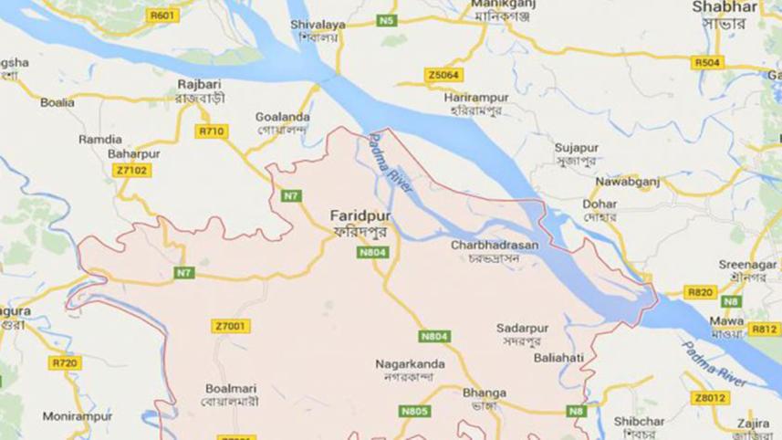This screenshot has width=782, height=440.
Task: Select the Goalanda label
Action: [282, 117]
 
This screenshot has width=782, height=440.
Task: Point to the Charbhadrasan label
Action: [495, 245]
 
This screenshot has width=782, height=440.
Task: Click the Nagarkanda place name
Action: [410, 364]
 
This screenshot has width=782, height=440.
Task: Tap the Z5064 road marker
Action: [443, 75]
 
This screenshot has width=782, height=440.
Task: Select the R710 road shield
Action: [211, 131]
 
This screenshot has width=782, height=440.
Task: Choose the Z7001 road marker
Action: [230, 326]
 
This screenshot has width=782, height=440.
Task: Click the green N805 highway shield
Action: [413, 412]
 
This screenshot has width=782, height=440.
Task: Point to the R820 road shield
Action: [700, 292]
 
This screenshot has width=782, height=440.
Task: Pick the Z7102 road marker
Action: [132, 170]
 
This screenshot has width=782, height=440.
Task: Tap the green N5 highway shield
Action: [389, 19]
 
